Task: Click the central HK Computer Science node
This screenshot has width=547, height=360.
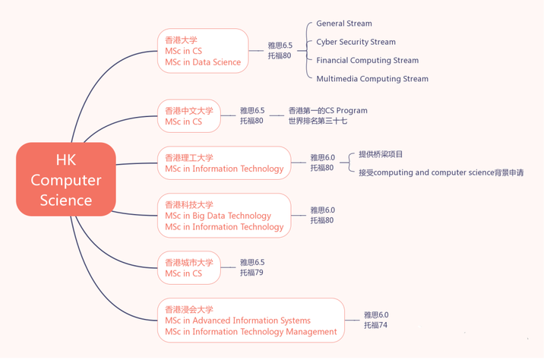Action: (66, 179)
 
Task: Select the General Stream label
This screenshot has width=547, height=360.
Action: (344, 24)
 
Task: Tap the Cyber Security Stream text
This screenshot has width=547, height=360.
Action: (356, 42)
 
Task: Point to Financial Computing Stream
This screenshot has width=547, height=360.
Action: (368, 60)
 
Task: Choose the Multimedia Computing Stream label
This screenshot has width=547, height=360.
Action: (372, 79)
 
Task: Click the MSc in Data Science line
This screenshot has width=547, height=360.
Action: (203, 62)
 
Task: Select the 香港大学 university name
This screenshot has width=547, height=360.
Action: (181, 40)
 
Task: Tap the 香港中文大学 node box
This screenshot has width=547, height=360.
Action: (189, 116)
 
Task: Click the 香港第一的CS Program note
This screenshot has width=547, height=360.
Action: (328, 111)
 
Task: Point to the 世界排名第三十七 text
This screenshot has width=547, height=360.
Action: (318, 121)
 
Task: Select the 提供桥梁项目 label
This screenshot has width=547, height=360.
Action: (381, 154)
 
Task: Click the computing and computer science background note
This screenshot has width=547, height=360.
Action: (441, 172)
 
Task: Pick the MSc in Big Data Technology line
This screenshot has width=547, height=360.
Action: (218, 216)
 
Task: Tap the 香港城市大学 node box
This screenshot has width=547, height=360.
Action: (189, 268)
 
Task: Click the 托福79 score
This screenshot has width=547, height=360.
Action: (251, 273)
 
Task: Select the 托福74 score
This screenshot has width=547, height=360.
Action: (376, 325)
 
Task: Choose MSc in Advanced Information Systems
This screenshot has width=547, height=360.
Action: (238, 321)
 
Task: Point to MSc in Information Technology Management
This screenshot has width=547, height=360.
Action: (251, 332)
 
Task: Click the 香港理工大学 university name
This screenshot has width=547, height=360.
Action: (189, 158)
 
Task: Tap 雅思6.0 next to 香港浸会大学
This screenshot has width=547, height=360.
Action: (376, 315)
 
